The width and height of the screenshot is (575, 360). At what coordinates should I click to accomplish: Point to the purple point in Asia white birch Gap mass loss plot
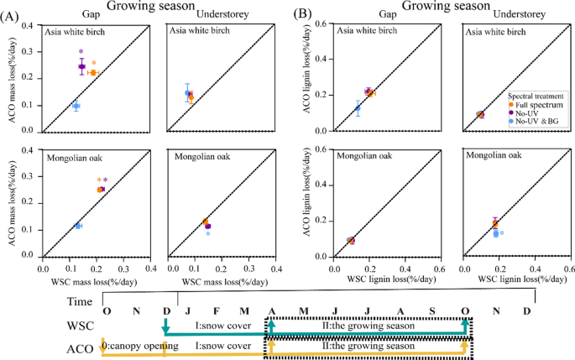[81, 66]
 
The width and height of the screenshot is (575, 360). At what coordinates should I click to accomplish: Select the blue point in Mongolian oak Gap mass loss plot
[78, 226]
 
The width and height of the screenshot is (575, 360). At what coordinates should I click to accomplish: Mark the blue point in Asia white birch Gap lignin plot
[358, 108]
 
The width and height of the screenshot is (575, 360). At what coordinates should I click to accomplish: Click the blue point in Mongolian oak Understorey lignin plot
[497, 233]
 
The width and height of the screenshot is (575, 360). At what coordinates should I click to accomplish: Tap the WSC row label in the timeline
[82, 325]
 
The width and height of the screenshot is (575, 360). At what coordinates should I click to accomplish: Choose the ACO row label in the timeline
[81, 347]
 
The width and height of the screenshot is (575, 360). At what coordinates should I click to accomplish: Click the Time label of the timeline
[81, 300]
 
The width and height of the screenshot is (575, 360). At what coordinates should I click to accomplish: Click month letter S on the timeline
[431, 311]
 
